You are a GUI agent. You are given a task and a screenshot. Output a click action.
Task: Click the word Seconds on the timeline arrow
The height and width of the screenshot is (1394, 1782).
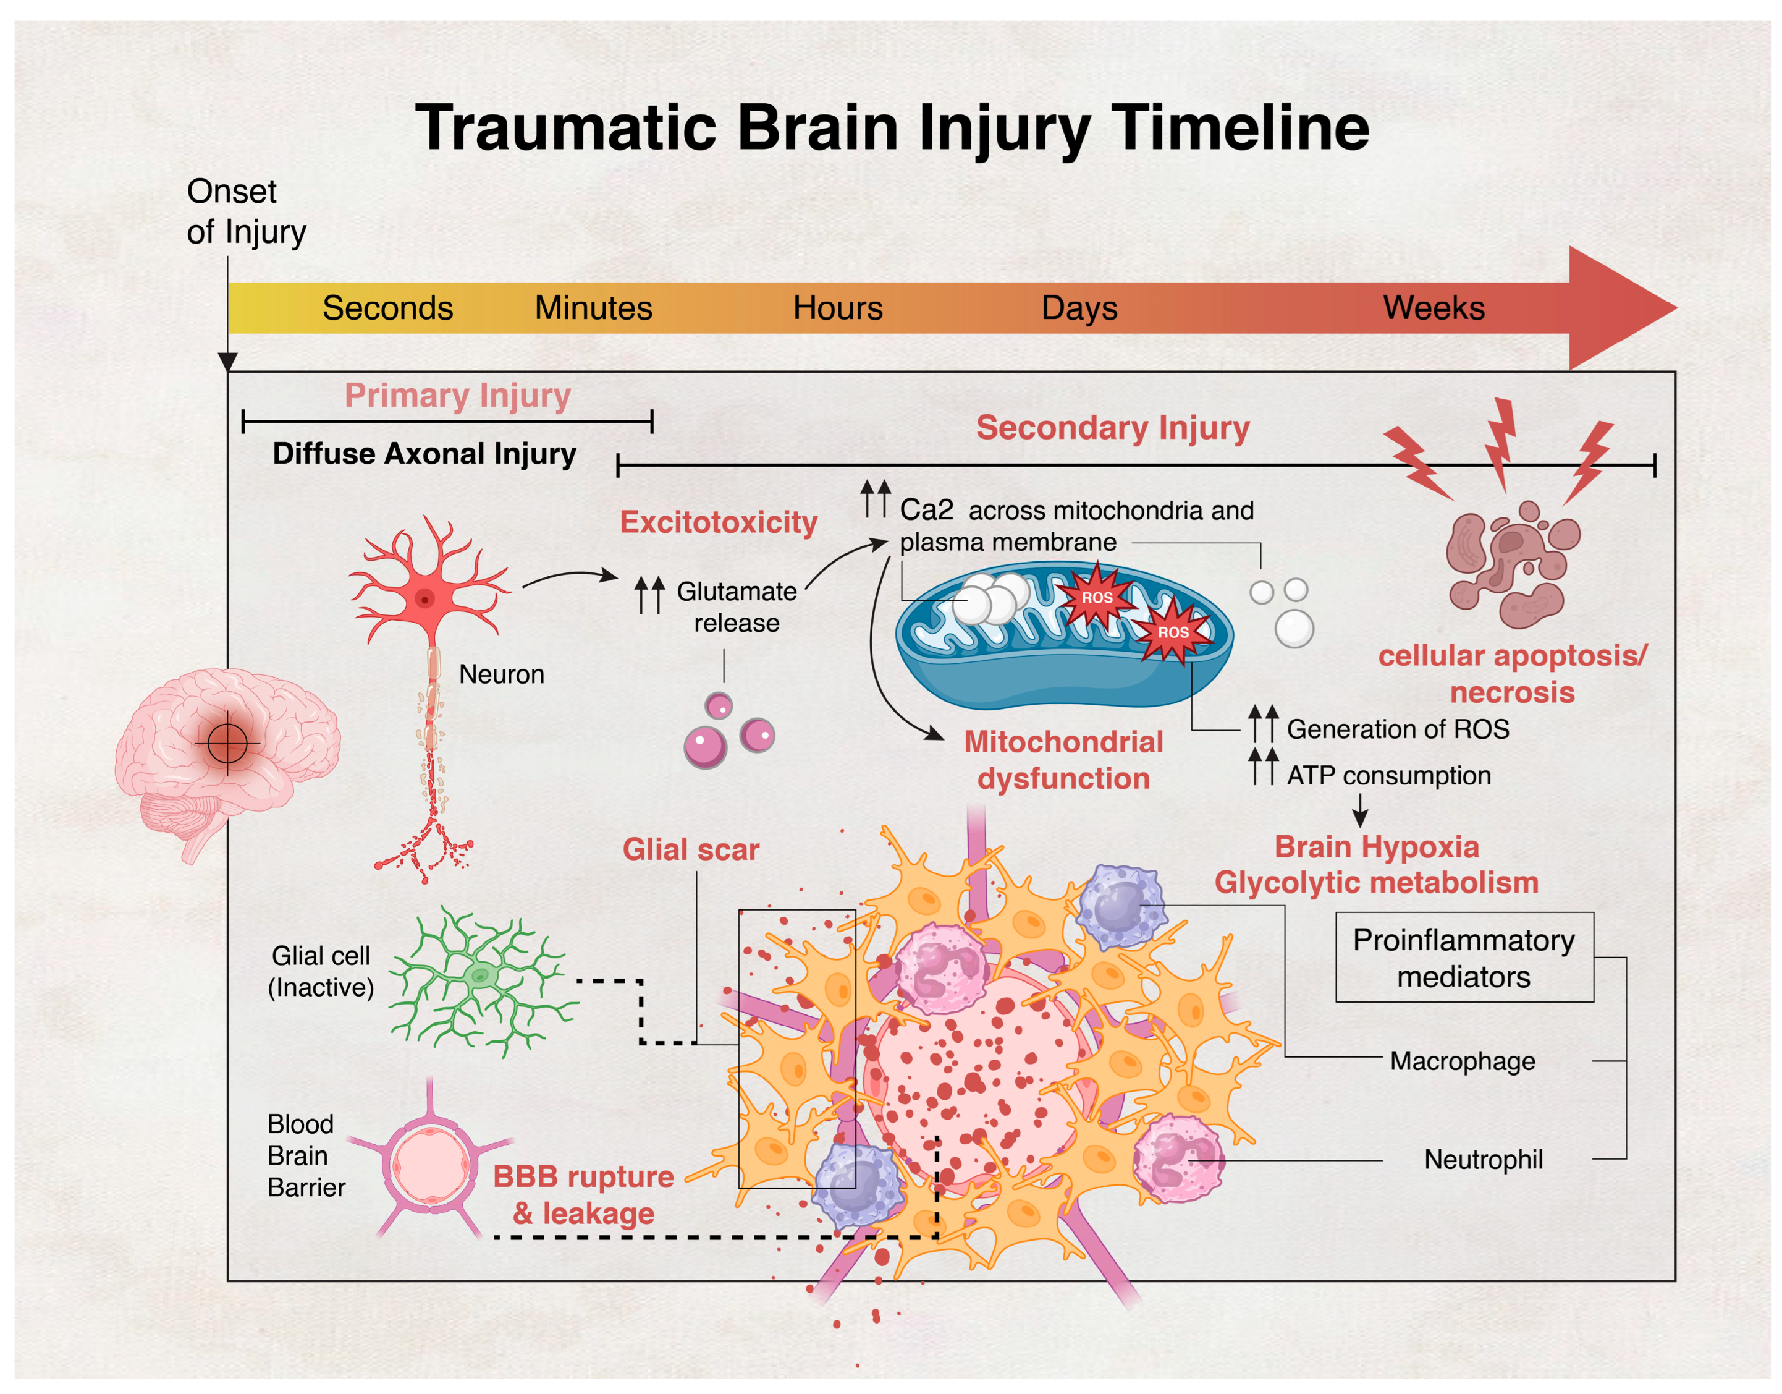387,308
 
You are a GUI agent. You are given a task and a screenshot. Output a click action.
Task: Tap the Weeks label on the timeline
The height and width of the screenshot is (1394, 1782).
1434,308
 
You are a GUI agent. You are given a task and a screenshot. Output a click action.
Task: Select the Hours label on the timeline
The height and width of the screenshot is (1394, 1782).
838,308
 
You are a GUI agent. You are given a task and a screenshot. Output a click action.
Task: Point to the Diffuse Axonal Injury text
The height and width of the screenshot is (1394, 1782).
424,454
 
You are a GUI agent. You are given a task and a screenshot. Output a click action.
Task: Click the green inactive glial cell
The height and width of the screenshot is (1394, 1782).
481,975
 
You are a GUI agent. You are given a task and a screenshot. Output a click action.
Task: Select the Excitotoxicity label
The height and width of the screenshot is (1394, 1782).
718,522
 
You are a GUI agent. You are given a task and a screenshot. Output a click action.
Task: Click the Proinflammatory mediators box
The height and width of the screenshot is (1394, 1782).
1464,958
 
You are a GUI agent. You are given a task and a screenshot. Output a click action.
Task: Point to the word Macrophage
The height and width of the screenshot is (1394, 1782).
1462,1061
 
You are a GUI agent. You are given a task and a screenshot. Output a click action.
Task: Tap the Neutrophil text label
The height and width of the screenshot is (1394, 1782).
1482,1160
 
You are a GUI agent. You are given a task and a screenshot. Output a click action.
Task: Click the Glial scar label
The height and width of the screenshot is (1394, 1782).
690,849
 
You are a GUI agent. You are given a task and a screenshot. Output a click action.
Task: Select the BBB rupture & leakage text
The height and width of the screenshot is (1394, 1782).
583,1195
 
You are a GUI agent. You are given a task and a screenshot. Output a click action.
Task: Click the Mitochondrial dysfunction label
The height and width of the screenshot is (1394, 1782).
1063,760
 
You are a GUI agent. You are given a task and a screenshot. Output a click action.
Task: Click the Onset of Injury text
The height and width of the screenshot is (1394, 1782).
245,211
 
